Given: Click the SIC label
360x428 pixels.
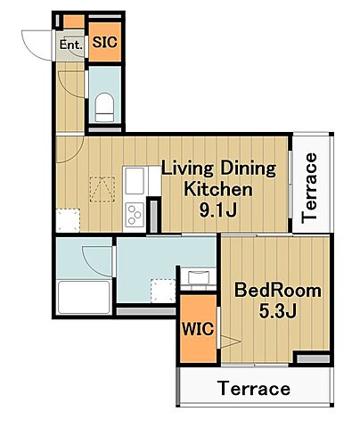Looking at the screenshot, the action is coord(104,43).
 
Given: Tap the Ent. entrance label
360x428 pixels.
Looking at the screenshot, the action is coord(70,45).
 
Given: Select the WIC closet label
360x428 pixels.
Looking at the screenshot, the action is coord(198,329).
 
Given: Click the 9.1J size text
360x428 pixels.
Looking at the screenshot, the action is coord(217,210).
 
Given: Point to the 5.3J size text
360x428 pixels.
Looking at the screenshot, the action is coord(277,311).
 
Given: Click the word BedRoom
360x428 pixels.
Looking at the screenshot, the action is coord(278,291).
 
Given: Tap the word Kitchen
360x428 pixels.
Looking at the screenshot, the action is coord(218,189).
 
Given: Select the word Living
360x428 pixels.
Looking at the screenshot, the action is coord(187,169).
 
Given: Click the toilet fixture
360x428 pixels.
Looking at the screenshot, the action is coord(104,107).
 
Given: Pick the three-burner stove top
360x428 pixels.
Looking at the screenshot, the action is coord(135,214).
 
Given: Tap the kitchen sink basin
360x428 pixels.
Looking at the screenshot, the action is coord(135,181).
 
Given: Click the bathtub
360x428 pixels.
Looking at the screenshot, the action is coord(84,297).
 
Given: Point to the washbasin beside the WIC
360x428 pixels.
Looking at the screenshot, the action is coord(198,278).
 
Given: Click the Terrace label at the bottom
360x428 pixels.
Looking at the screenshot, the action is coord(254,389).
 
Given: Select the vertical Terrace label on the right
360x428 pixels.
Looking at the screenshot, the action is coord(309,188).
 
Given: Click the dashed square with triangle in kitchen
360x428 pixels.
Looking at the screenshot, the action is coord(102,190).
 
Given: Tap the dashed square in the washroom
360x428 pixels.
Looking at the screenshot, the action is coord(163,291).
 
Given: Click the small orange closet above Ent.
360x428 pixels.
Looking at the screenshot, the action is coord(74,21).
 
